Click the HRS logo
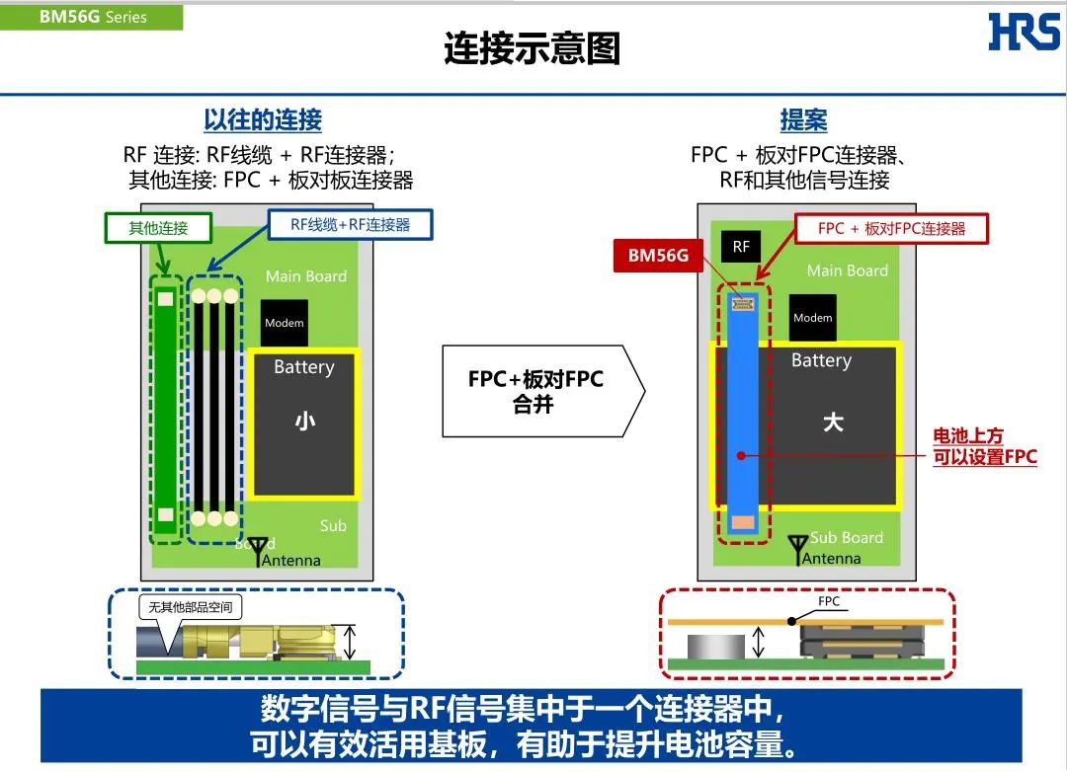1024,32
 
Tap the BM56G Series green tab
92,17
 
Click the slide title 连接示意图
532,49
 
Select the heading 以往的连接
263,120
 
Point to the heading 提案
803,120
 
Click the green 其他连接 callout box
158,228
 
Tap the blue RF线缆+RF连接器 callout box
350,225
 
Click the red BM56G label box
658,257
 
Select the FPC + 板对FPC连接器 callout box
891,229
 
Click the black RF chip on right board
741,247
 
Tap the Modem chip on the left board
285,323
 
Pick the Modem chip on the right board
812,318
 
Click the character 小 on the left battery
304,423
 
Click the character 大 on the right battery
833,423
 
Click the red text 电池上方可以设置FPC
984,446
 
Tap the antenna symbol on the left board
260,548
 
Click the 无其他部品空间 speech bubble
191,609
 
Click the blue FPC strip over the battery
742,415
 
